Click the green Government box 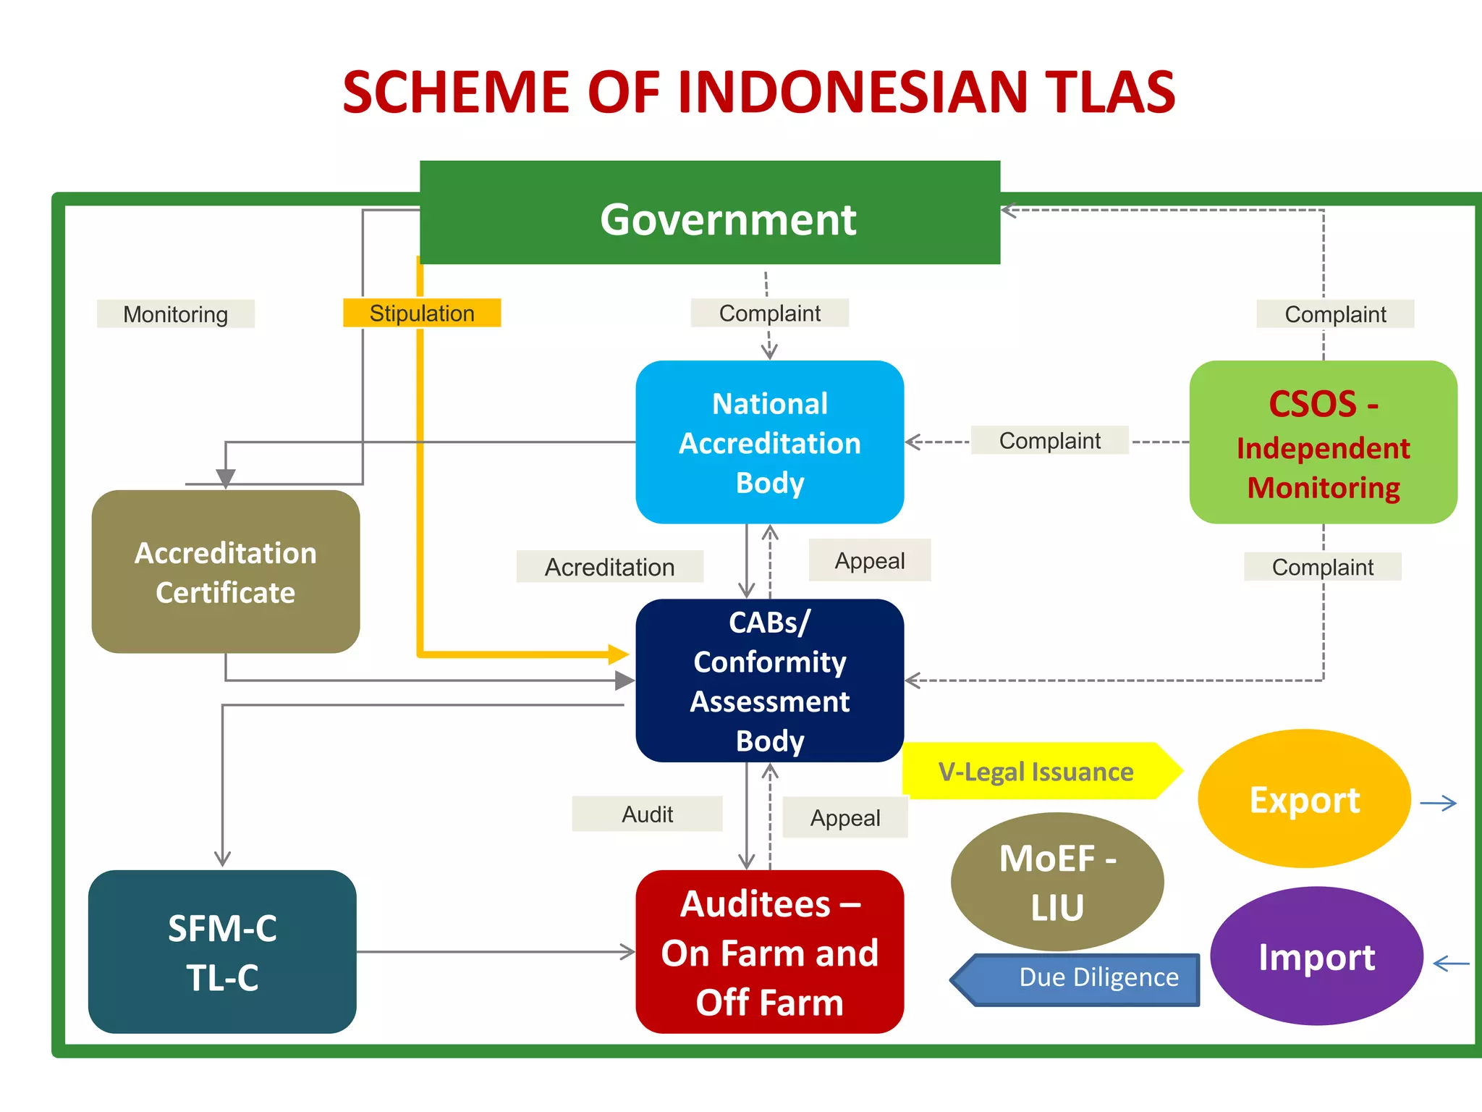coord(709,214)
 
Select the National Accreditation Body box coord(769,442)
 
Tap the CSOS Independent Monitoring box coord(1323,442)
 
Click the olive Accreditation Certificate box coord(225,572)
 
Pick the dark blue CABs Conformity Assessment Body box coord(769,681)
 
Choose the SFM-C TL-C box coord(222,951)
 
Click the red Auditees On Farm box coord(769,951)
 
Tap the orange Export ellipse coord(1304,799)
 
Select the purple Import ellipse coord(1316,956)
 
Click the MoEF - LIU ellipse coord(1057,882)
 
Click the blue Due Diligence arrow coord(1085,979)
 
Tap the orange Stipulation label coord(422,313)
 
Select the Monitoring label coord(175,314)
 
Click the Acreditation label coord(609,567)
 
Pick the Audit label coord(647,814)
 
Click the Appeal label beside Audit coord(844,818)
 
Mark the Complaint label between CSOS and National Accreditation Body coord(1049,440)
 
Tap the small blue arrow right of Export coord(1438,803)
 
